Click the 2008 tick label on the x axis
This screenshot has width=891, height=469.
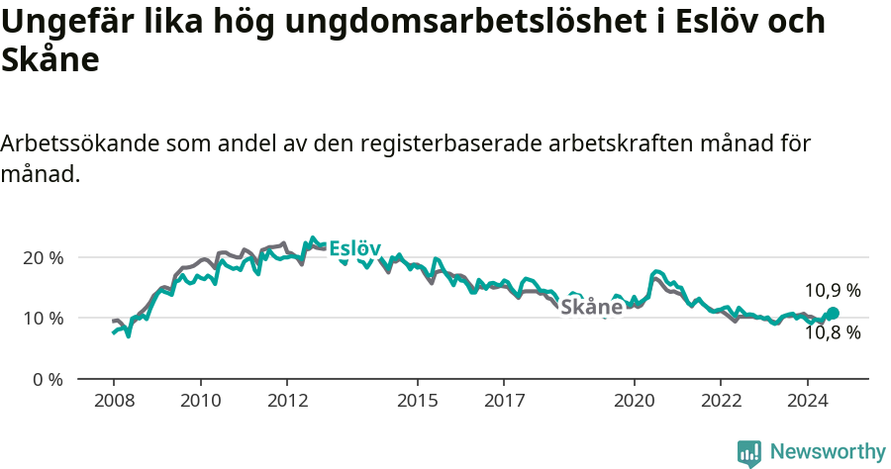(114, 401)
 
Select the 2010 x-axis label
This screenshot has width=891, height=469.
(200, 401)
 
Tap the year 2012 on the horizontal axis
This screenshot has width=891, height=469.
(287, 401)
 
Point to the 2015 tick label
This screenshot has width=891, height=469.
(417, 401)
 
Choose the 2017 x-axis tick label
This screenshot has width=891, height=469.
(504, 401)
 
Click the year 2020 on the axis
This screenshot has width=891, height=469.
(634, 401)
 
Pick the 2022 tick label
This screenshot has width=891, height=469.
(721, 401)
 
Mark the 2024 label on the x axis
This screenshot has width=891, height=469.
(807, 401)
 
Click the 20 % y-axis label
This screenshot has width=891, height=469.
(43, 257)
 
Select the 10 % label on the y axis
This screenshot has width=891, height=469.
(43, 319)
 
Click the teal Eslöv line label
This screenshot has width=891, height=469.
(354, 247)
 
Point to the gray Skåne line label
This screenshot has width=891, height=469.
(592, 307)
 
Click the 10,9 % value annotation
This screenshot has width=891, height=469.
(832, 291)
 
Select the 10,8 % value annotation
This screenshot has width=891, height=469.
(832, 333)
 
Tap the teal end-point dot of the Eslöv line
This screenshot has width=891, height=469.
(833, 313)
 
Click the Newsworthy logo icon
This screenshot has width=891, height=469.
(749, 453)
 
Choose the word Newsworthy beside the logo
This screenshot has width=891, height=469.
(828, 452)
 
